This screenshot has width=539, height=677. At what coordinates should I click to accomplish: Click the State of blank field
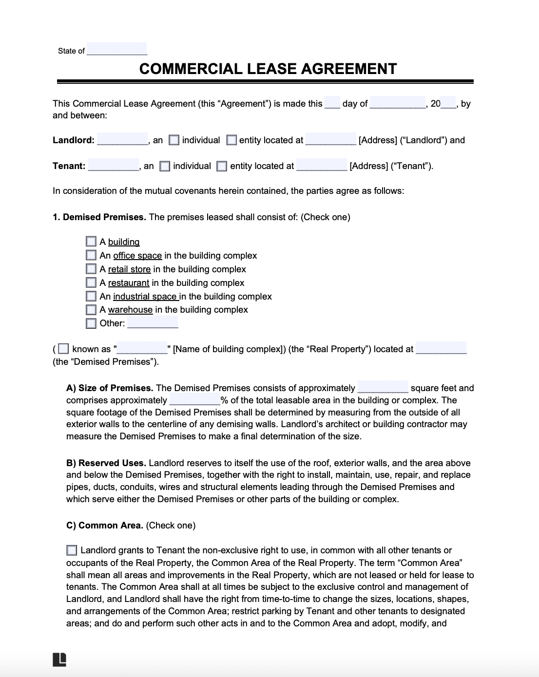116,50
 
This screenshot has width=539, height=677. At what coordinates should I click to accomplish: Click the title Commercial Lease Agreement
268,69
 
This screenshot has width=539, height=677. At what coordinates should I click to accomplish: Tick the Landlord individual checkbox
174,140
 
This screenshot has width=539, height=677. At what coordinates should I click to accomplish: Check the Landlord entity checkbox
232,140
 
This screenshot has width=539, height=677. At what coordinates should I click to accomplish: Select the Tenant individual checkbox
165,167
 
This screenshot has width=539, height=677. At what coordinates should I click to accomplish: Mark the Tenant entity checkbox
222,167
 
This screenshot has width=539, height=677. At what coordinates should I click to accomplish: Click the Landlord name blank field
122,140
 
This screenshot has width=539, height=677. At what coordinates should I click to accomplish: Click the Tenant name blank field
114,166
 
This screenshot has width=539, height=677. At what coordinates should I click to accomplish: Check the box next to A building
91,242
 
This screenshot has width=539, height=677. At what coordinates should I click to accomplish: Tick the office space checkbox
91,255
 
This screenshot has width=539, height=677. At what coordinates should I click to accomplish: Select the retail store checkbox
91,269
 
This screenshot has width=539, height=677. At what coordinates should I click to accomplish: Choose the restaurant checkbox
91,282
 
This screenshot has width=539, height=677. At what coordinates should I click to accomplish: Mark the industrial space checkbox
91,296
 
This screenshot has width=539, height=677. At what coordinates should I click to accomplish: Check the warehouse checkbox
91,310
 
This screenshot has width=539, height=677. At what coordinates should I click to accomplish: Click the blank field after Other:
153,323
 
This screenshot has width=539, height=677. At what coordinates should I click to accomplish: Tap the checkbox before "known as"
63,349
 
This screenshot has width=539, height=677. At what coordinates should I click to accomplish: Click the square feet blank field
383,387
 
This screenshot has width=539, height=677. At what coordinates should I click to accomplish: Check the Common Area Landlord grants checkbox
72,550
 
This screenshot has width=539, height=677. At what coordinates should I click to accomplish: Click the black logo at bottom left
59,659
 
